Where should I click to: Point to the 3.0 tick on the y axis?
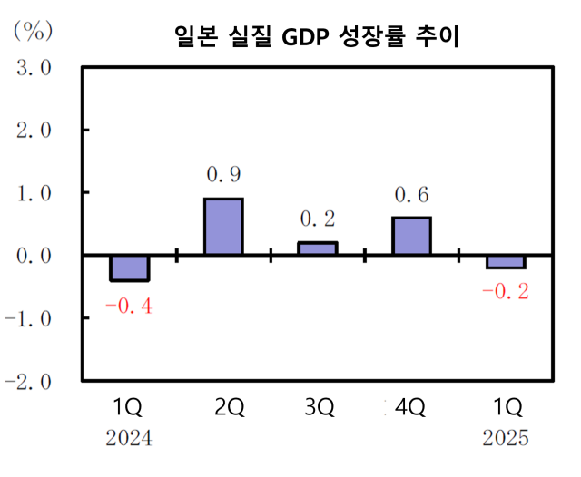[31, 68]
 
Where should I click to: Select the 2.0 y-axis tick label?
[31, 131]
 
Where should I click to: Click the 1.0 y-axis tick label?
[31, 193]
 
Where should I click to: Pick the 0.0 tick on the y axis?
[31, 256]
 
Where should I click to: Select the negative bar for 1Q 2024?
[129, 268]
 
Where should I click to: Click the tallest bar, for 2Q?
[223, 227]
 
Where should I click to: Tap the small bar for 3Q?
[318, 248]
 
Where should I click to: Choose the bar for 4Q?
[411, 236]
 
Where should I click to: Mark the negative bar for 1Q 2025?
[506, 261]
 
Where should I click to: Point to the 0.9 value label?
[223, 173]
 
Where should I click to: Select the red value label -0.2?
[506, 292]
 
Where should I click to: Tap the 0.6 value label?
[411, 194]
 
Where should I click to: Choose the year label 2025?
[505, 439]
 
